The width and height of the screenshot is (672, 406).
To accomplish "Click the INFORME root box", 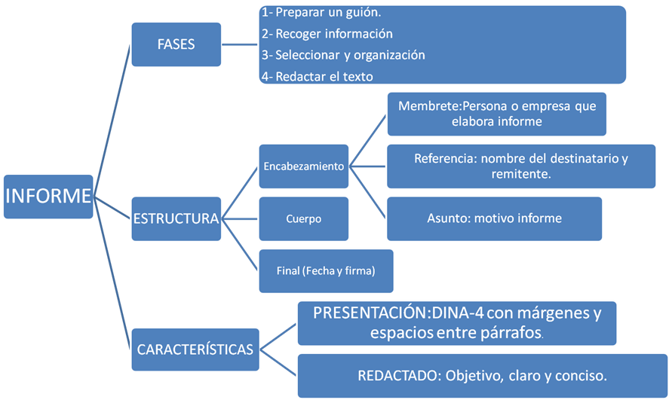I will pos(48,197).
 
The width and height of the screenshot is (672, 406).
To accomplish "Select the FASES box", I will pos(176,44).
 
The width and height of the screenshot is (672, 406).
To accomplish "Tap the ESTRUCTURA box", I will pos(176,219).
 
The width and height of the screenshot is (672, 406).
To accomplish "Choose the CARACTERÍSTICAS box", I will pos(195,350).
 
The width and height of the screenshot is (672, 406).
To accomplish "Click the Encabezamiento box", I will pos(303,166).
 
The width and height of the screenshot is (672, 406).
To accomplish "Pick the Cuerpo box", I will pos(303,219).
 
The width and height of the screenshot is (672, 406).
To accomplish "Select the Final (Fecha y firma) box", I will pos(325,271).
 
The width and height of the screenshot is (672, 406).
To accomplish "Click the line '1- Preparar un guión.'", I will pos(321,13).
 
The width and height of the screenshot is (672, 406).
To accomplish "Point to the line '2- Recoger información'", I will pos(327,34).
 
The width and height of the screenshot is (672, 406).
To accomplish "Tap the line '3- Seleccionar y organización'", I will pos(343,55).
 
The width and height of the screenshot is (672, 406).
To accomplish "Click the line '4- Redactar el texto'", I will pos(317,76).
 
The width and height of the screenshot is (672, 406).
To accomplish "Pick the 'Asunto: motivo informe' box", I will pos(494,219).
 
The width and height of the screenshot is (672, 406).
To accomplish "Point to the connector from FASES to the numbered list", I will pos(240,44).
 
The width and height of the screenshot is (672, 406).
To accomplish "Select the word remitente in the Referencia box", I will pos(519,174).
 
